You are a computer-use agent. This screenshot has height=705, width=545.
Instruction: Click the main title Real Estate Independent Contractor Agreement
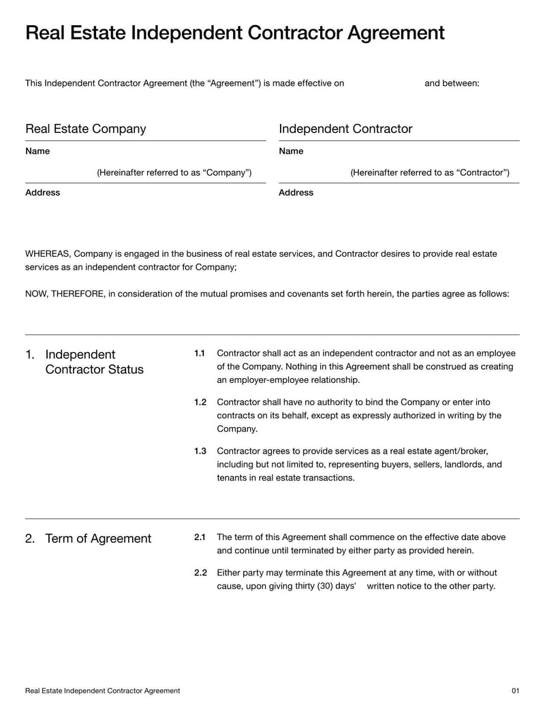tap(234, 33)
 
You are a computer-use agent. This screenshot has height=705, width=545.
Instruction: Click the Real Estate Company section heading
tap(85, 129)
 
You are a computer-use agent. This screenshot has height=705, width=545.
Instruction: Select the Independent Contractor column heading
tap(345, 129)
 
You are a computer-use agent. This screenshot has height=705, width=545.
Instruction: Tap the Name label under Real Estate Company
tap(37, 151)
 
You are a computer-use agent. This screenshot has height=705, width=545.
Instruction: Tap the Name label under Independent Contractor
tap(291, 151)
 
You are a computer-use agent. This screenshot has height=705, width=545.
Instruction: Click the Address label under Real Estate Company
tap(42, 193)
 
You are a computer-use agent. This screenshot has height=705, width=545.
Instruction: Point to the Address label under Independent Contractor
tap(296, 193)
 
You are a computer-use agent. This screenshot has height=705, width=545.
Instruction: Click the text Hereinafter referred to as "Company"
tap(174, 173)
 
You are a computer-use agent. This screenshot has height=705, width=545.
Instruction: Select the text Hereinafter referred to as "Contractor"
tap(430, 173)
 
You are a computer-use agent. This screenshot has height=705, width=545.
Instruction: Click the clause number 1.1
tap(200, 354)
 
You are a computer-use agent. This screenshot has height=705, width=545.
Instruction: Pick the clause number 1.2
tap(200, 403)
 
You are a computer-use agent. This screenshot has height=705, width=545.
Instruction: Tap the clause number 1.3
tap(200, 452)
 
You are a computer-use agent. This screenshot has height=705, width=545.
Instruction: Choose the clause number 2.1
tap(200, 537)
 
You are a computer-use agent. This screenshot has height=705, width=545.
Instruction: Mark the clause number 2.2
tap(200, 573)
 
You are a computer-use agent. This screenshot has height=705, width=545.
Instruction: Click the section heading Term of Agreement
tap(98, 539)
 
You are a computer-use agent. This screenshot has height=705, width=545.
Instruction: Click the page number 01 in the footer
tap(515, 691)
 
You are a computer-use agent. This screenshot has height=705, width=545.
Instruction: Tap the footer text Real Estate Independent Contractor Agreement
tap(102, 691)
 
